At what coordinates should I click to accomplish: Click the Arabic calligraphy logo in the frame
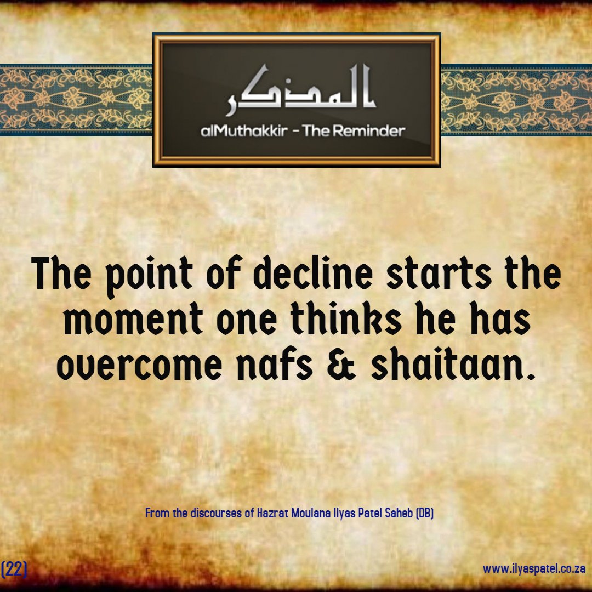tap(301, 89)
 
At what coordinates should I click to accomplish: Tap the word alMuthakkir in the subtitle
tap(244, 131)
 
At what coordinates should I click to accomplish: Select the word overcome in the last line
tap(139, 365)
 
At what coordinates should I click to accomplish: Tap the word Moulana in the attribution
tap(311, 513)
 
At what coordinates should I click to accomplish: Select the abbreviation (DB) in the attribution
tap(424, 513)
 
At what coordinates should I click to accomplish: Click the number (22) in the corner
tap(14, 569)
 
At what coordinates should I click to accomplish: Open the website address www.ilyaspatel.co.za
tap(534, 568)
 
